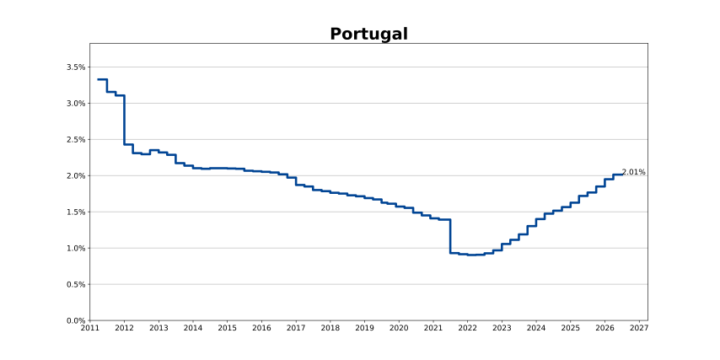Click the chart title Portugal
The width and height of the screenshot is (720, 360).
coord(368,35)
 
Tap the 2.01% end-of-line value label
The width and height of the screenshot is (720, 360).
coord(634,172)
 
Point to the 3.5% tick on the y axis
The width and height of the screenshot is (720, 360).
coord(76,67)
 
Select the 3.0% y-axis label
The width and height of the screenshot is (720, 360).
coord(76,104)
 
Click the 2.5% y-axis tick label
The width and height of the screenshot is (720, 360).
coord(76,140)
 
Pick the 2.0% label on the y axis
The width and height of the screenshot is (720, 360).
coord(76,176)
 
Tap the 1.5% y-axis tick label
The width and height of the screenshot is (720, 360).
coord(76,212)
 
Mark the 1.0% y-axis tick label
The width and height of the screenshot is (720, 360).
coord(76,249)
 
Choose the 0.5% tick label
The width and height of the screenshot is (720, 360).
coord(76,285)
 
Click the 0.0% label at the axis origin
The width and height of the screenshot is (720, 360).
coord(76,320)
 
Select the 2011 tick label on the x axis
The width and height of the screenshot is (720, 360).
coord(90,328)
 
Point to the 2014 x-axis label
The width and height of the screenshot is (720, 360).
coord(193,328)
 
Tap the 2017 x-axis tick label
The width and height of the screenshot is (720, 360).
coord(296,328)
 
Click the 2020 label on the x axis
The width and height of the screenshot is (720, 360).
coord(399,328)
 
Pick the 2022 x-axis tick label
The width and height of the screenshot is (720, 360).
coord(467,328)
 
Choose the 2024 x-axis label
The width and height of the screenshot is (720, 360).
coord(536,328)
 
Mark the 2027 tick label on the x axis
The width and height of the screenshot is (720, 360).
coord(639,328)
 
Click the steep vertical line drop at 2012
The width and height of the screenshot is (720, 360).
coord(125,120)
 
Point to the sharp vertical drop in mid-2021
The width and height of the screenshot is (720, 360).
coord(450,236)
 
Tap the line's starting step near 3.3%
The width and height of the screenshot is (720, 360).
coord(102,79)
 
